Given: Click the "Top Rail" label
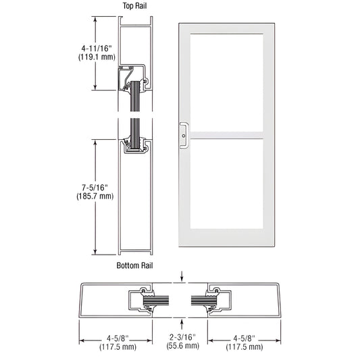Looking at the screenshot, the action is coord(134,5).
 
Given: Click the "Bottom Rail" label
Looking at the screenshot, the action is coord(134,265).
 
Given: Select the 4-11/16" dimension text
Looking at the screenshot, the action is coord(97,49).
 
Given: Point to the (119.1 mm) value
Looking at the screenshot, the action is coord(97,57).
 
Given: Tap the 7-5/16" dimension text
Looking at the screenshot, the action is coord(95,188).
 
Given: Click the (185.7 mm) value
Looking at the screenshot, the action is coord(95,197).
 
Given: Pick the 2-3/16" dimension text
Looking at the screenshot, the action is coord(182,337).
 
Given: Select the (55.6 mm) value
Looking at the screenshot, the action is coord(182,346).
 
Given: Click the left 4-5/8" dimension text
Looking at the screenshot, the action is coord(118,338).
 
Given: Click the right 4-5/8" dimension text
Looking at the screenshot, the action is coord(244,338).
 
